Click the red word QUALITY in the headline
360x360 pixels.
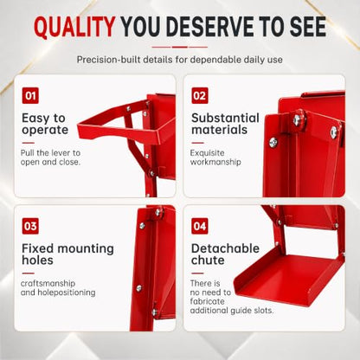74,27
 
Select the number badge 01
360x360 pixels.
30,95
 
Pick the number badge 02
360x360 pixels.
200,95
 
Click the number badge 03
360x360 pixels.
30,226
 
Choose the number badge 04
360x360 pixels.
200,226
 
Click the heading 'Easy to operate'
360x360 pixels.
45,124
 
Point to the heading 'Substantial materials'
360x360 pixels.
225,124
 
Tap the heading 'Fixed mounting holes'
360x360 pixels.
67,254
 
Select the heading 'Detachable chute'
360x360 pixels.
225,254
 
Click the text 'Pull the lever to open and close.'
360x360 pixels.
50,157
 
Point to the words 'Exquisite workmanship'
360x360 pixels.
215,157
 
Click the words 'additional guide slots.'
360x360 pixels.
232,311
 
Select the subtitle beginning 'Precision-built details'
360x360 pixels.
179,60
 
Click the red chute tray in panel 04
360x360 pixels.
288,275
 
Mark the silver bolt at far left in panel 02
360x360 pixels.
273,142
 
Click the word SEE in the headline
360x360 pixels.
308,27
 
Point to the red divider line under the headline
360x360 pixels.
180,47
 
